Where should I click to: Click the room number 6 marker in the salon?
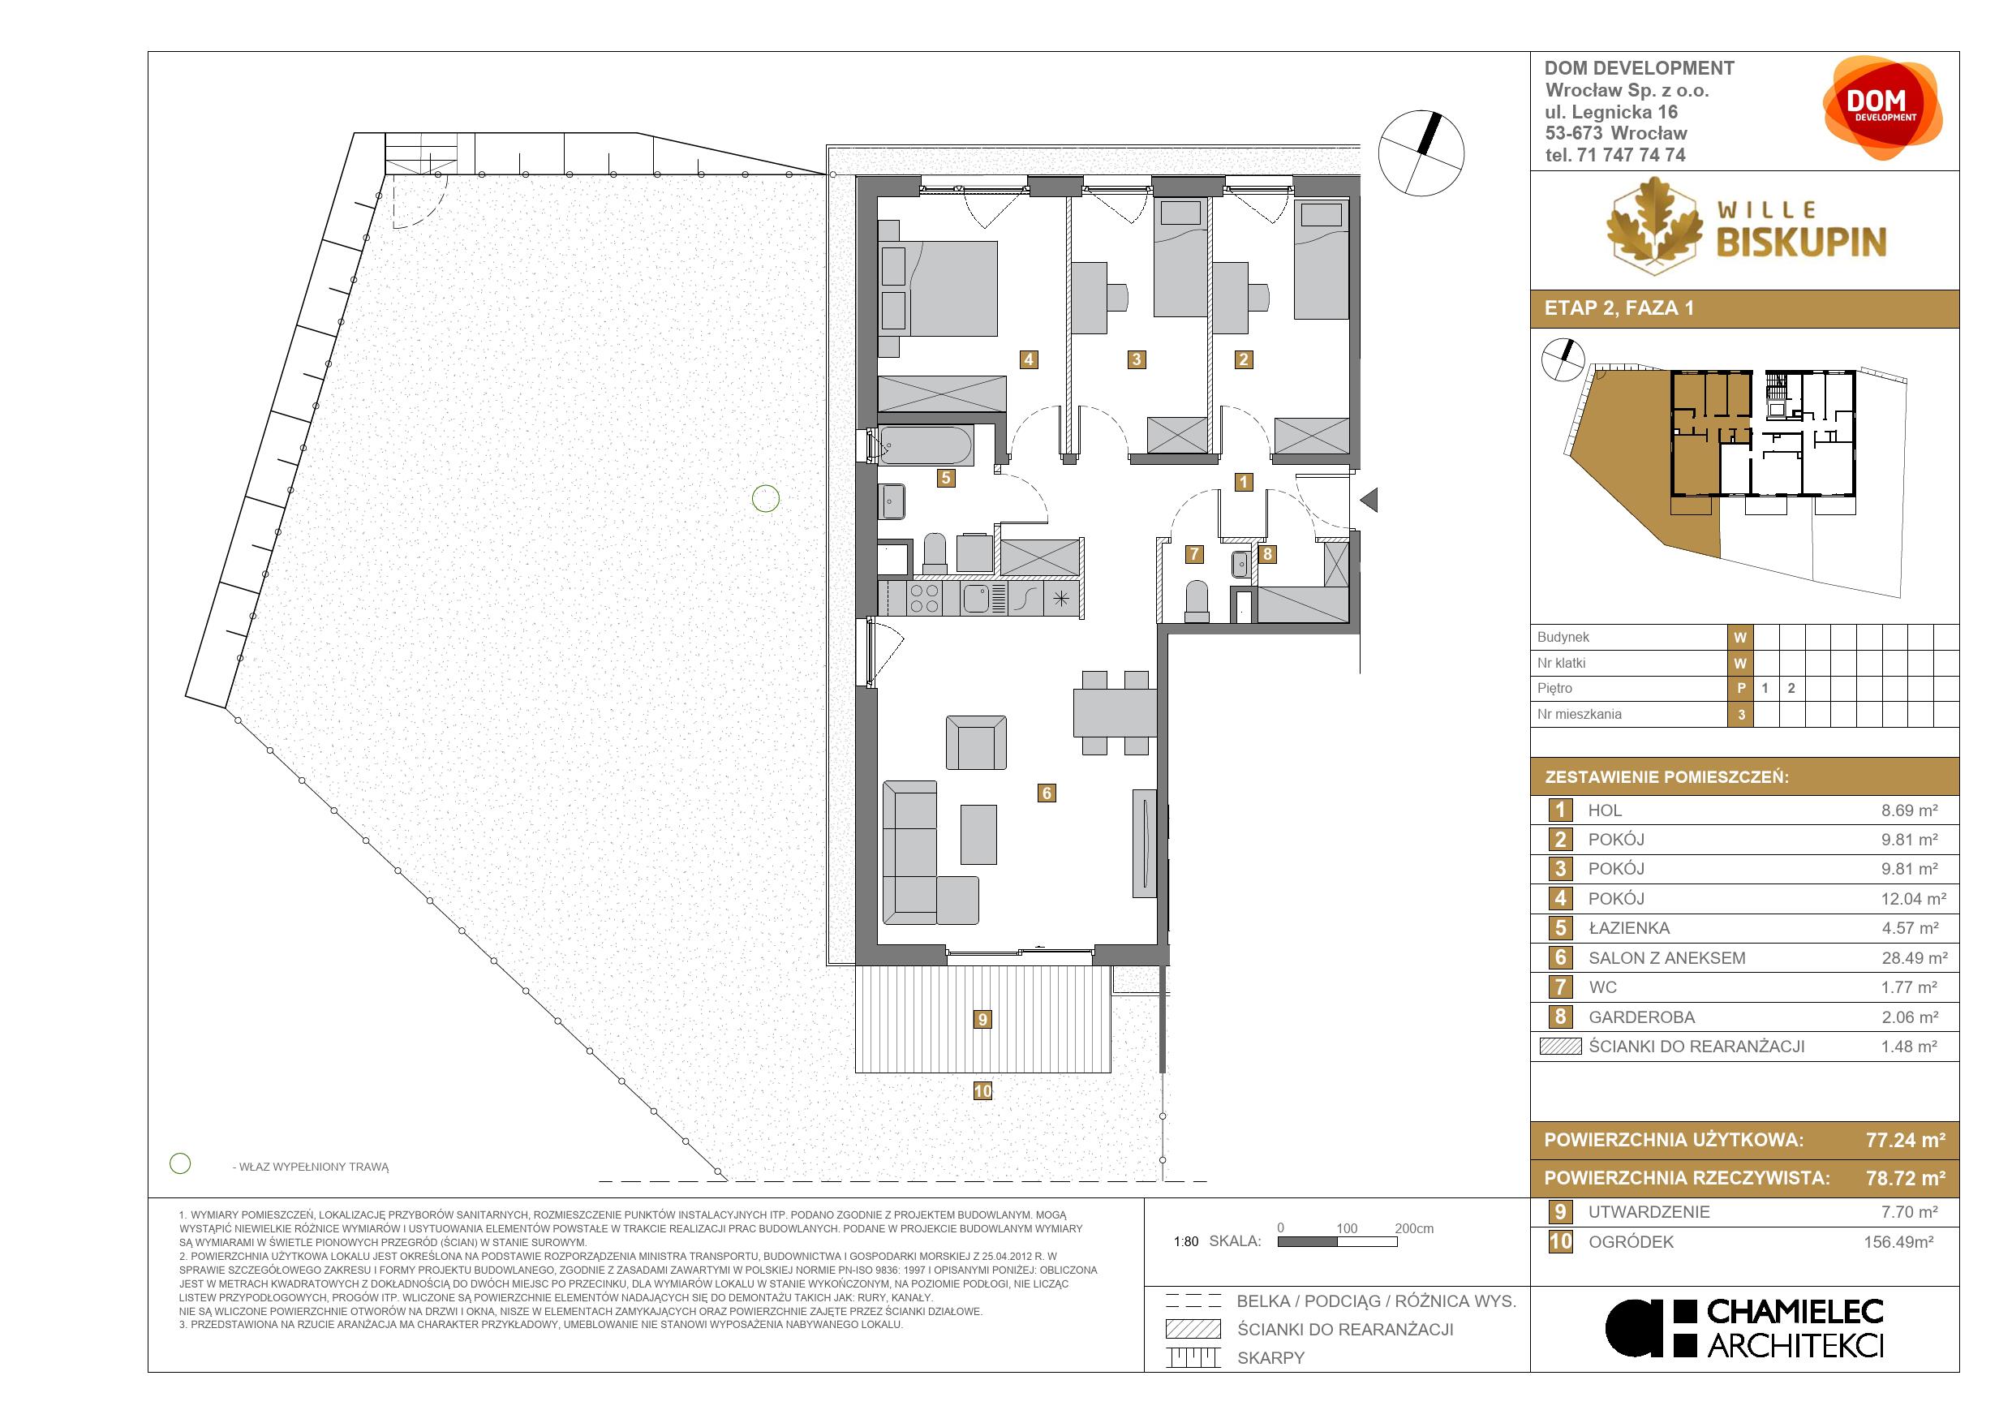pos(1046,793)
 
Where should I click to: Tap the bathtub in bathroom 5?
pos(925,446)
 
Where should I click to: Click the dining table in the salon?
pos(1115,712)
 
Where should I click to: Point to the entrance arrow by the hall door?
pos(1369,501)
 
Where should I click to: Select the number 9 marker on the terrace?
pos(982,1019)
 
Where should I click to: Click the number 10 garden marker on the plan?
pos(982,1091)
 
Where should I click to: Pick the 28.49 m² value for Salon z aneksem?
pos(1915,957)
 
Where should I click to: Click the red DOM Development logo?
pos(1882,108)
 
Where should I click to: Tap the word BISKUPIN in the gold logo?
pos(1801,242)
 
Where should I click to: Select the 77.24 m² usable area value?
pos(1905,1140)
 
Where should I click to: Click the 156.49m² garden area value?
pos(1898,1241)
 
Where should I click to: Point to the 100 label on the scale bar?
pos(1347,1228)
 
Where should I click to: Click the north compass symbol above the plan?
pos(1421,153)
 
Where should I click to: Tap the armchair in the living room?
pos(976,743)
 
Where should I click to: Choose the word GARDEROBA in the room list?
pos(1641,1017)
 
